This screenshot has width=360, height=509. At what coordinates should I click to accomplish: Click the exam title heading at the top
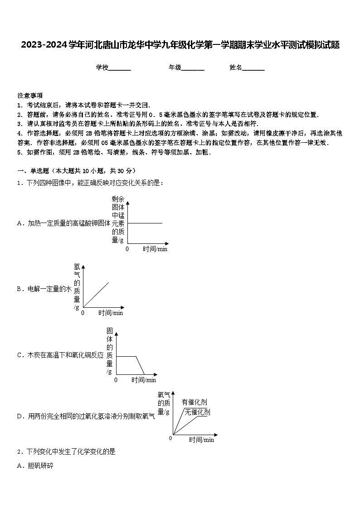[x=180, y=45]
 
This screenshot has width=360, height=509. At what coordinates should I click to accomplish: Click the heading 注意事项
[x=30, y=96]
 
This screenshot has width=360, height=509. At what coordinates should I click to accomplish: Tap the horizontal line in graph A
[x=145, y=223]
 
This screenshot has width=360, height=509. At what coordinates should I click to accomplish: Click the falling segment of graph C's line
[x=140, y=365]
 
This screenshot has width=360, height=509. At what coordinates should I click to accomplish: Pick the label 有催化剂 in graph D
[x=194, y=402]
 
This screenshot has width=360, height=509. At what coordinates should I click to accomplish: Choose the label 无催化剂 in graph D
[x=197, y=412]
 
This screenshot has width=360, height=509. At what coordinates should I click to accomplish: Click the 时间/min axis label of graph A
[x=155, y=249]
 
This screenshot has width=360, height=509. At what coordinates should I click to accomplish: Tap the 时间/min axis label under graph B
[x=111, y=313]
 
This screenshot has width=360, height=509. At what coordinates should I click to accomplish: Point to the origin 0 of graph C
[x=116, y=380]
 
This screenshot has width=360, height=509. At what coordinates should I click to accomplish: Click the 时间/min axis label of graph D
[x=201, y=440]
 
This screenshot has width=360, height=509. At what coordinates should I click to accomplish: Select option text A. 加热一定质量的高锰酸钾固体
[x=63, y=223]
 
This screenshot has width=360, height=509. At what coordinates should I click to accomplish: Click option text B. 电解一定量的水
[x=44, y=289]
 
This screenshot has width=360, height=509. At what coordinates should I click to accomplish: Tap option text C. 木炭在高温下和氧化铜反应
[x=60, y=355]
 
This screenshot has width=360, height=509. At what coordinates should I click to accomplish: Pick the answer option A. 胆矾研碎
[x=35, y=465]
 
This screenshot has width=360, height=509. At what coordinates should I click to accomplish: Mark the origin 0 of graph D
[x=170, y=438]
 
